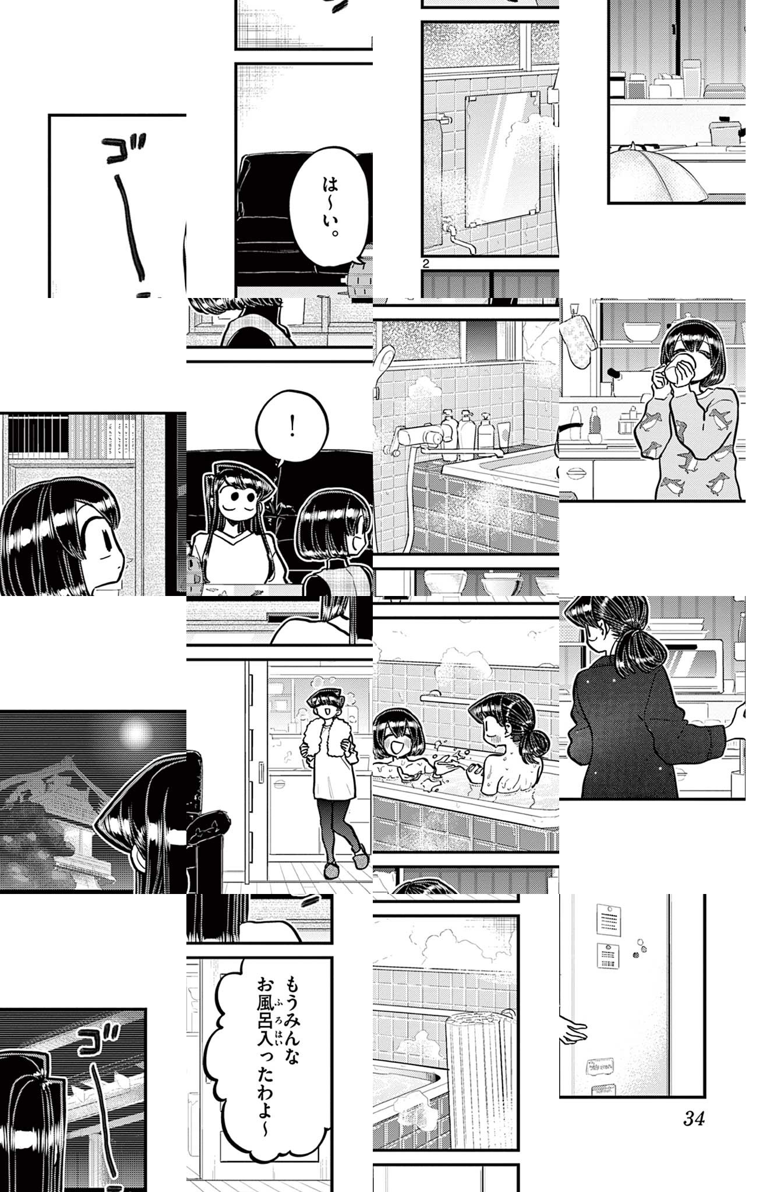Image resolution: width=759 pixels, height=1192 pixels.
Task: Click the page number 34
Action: (694, 1118)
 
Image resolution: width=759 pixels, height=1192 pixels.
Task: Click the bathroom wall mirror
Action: (502, 159)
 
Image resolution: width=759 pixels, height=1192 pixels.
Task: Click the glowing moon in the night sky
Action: (135, 734)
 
